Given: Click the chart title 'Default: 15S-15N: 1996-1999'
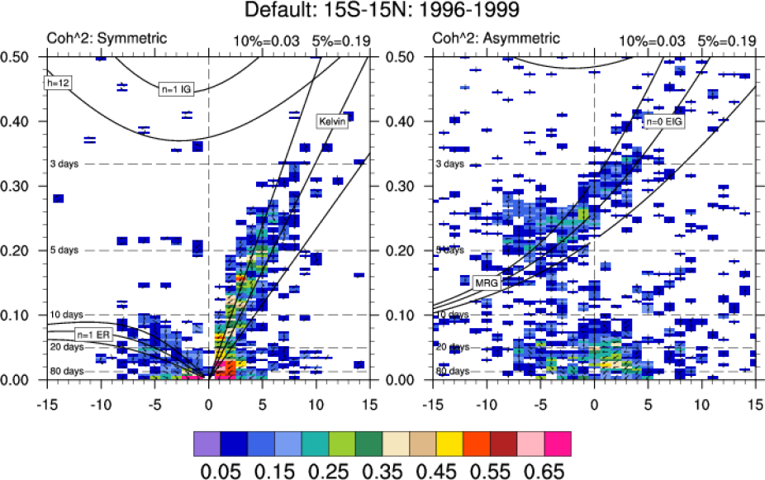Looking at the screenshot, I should (x=382, y=12).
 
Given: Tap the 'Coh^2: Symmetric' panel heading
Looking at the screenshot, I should (x=105, y=39).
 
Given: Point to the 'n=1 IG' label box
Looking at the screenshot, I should (x=177, y=88).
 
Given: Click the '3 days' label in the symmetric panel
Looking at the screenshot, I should (x=64, y=164).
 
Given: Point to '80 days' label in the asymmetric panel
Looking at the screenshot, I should (x=451, y=372).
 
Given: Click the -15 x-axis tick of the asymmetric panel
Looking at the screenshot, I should (x=430, y=406).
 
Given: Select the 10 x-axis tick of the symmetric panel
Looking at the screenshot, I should (x=316, y=406).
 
